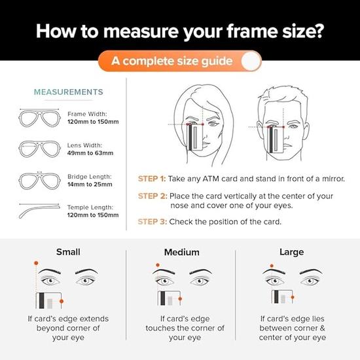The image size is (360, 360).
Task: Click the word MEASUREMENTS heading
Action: [x=69, y=92]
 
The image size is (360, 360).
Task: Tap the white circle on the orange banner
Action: [x=251, y=61]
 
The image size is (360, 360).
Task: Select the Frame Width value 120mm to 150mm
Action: [x=93, y=122]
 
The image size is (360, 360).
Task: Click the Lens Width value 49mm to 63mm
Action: [x=90, y=153]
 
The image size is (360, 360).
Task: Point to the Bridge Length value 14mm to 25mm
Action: [x=90, y=185]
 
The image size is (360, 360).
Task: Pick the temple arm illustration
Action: [x=39, y=211]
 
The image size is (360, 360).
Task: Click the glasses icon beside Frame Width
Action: [x=39, y=118]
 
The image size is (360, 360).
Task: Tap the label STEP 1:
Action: [x=152, y=179]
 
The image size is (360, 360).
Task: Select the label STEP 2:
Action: [x=153, y=196]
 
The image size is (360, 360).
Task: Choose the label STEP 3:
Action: [x=153, y=222]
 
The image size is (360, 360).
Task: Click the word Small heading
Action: [x=68, y=252]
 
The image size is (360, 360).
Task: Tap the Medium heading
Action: [x=181, y=252]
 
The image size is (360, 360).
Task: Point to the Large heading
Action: [x=291, y=252]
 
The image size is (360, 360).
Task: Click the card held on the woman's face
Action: [x=195, y=137]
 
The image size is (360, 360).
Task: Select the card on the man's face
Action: [x=276, y=139]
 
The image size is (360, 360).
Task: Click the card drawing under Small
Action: [x=48, y=300]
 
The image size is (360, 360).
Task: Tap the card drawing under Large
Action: [x=282, y=297]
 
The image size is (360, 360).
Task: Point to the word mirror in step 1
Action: [x=333, y=179]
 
